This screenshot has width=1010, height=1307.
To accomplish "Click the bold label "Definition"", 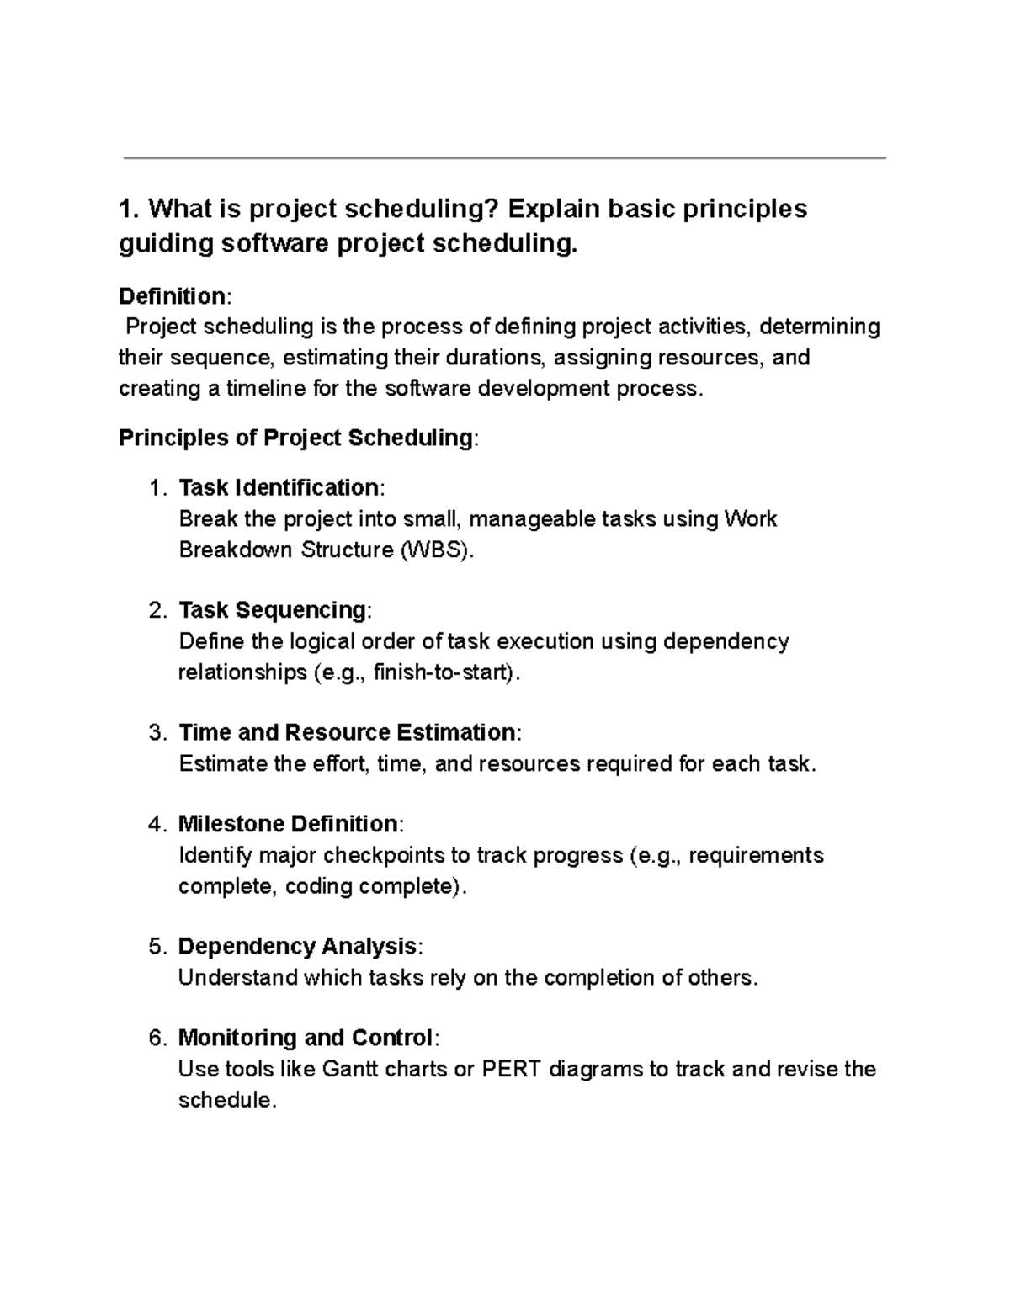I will click(x=171, y=296).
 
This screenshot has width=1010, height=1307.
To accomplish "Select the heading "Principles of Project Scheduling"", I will click(x=295, y=438).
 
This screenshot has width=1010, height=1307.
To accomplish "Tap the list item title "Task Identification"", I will click(x=279, y=488).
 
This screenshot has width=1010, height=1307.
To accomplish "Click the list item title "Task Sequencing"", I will click(x=273, y=610).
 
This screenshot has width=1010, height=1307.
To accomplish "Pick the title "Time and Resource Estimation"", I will click(x=347, y=732).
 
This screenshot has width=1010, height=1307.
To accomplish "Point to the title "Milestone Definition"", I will click(x=288, y=824).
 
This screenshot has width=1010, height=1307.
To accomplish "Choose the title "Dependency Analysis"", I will click(x=297, y=947).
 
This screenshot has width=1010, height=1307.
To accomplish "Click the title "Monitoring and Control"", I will click(x=306, y=1038).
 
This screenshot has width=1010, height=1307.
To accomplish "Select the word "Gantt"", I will click(x=348, y=1070).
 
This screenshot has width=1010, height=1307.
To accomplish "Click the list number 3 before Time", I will click(x=157, y=732).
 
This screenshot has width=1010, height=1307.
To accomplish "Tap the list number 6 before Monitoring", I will click(x=157, y=1038).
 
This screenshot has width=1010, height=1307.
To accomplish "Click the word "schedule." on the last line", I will click(x=227, y=1101).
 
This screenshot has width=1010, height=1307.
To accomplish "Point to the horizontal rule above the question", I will click(x=505, y=157).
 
